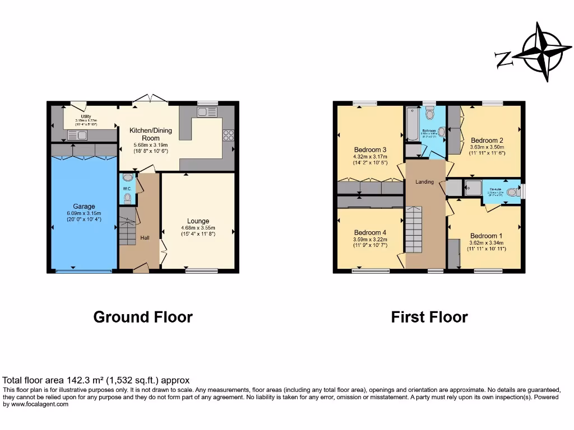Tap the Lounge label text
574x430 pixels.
tap(198, 221)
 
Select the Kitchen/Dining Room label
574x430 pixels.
tap(151, 134)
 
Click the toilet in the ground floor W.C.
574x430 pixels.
tap(127, 198)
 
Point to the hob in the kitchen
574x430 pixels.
tap(228, 135)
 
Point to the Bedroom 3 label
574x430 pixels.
tap(370, 149)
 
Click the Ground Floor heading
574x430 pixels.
tap(143, 317)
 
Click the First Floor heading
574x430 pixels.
tap(429, 317)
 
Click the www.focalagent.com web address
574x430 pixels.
tap(39, 404)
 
